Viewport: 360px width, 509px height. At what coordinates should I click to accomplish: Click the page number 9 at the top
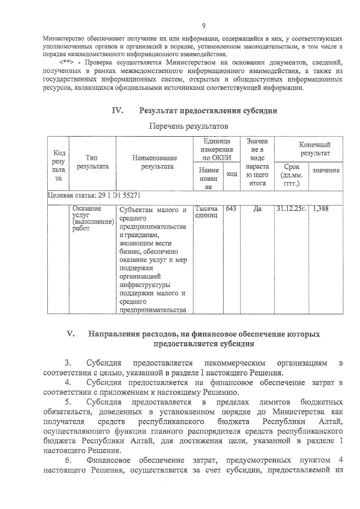click(204, 26)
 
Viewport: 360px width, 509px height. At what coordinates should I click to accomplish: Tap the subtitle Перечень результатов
click(189, 126)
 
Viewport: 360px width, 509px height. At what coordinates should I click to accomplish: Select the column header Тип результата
click(92, 162)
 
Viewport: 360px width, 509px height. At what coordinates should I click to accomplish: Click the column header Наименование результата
click(154, 162)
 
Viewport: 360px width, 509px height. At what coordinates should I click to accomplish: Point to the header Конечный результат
click(315, 149)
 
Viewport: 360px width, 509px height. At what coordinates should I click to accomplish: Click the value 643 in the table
click(231, 208)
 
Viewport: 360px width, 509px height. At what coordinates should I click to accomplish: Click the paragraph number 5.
click(68, 402)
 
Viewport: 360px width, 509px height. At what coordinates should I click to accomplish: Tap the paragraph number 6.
click(68, 460)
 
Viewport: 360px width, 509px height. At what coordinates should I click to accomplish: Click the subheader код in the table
click(232, 174)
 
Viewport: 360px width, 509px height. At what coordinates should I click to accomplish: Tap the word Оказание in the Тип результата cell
click(87, 208)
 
